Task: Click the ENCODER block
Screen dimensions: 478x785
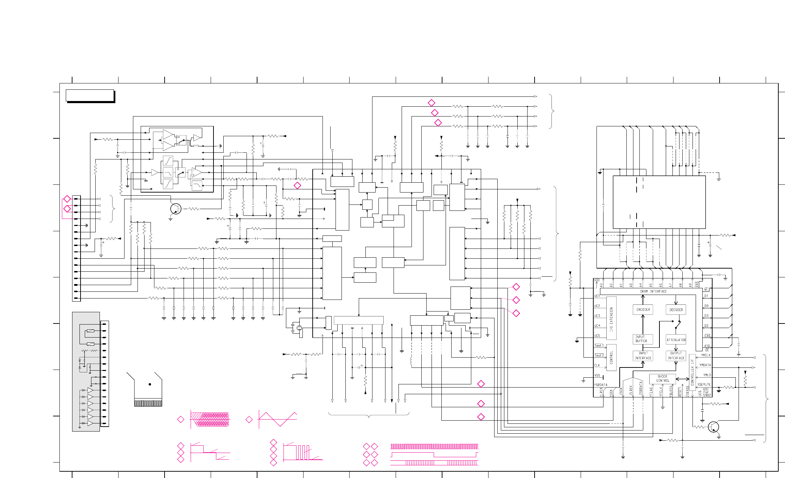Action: pyautogui.click(x=643, y=309)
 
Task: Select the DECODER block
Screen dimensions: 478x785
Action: pyautogui.click(x=676, y=310)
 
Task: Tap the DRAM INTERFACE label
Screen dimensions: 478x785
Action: pyautogui.click(x=653, y=291)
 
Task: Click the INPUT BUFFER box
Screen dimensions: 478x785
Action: pyautogui.click(x=643, y=339)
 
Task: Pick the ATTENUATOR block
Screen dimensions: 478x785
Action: pyautogui.click(x=676, y=340)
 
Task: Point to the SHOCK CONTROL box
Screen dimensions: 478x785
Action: pyautogui.click(x=663, y=378)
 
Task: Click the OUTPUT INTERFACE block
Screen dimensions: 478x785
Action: pyautogui.click(x=676, y=356)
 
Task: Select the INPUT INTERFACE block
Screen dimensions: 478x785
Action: pyautogui.click(x=643, y=356)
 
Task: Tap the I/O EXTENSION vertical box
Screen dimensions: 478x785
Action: pyautogui.click(x=612, y=319)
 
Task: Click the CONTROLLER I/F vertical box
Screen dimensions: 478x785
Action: pyautogui.click(x=692, y=372)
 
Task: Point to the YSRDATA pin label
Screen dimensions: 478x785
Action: pyautogui.click(x=601, y=385)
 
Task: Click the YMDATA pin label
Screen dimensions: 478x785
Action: pyautogui.click(x=705, y=365)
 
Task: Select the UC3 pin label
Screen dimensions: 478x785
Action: pyautogui.click(x=597, y=316)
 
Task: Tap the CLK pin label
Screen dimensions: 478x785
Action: pyautogui.click(x=597, y=365)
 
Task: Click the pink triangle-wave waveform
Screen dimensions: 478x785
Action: pyautogui.click(x=278, y=419)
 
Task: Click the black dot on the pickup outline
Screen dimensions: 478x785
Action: pyautogui.click(x=150, y=384)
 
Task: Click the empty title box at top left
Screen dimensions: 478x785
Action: pyautogui.click(x=90, y=95)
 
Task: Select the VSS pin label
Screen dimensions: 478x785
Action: pyautogui.click(x=597, y=375)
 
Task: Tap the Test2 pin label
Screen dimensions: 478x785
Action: pyautogui.click(x=599, y=356)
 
